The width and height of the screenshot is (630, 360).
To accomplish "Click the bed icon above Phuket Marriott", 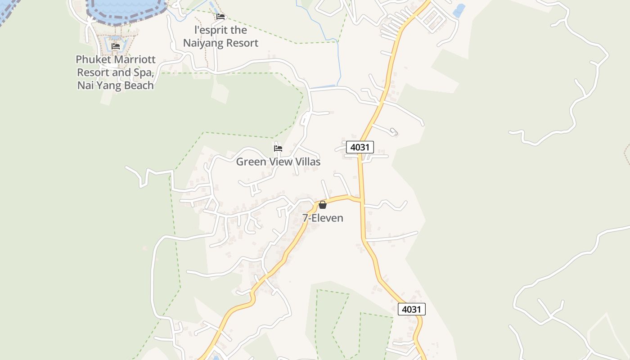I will click(x=116, y=46).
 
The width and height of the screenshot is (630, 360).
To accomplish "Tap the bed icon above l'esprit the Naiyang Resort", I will click(x=220, y=17).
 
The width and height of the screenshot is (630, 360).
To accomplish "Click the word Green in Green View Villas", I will click(x=251, y=162).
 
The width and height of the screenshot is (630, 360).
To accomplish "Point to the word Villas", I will click(x=307, y=162).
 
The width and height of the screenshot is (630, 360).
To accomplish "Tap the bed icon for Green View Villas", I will click(x=278, y=148).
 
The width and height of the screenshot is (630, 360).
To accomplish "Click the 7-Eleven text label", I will click(x=323, y=218).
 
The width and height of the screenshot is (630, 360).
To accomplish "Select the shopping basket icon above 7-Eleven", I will click(x=323, y=205).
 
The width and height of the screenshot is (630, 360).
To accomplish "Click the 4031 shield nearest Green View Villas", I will click(x=360, y=147).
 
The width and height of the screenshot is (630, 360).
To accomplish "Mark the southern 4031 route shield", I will click(x=411, y=309).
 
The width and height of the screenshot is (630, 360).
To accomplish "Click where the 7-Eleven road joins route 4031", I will click(x=361, y=199).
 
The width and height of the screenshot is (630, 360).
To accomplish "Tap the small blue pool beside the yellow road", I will click(x=459, y=10).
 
